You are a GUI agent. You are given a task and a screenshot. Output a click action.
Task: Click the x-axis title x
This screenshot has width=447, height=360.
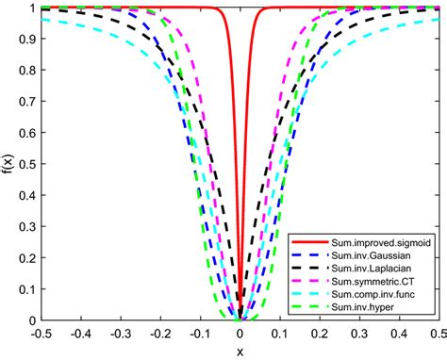240,352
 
